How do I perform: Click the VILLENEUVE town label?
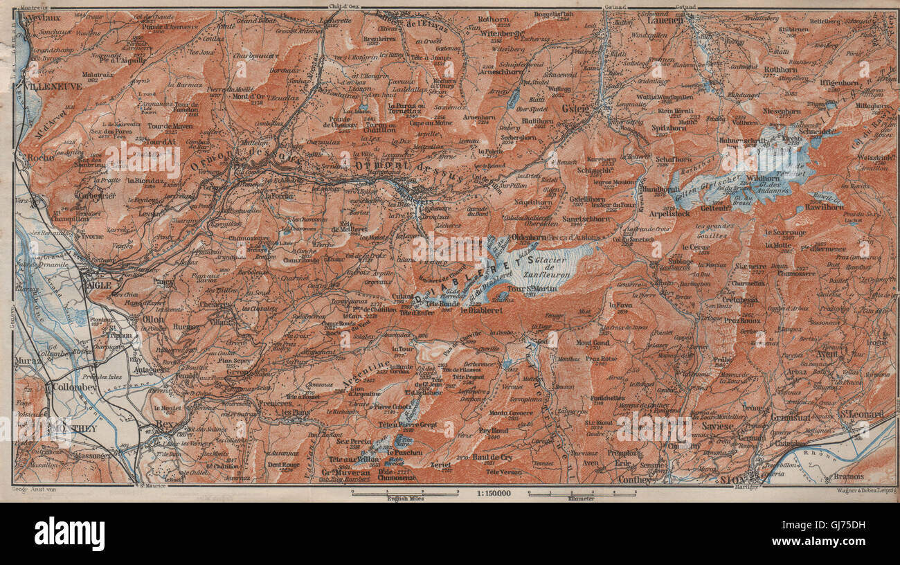53,87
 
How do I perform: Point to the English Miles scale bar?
404,494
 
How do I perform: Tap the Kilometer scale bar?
582,494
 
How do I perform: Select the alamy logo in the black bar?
69,534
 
